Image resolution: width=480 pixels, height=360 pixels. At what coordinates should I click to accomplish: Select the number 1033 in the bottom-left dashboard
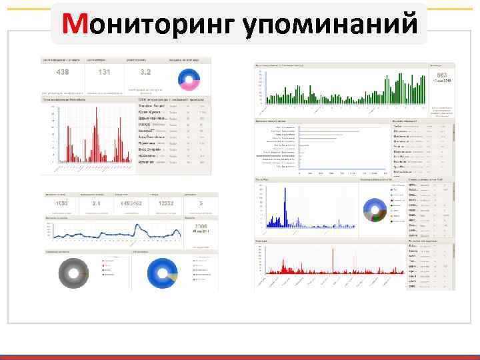[62, 203]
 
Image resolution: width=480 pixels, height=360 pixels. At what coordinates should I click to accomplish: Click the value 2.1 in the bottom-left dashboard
[96, 203]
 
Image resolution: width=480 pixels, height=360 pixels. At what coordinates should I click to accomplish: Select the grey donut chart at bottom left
[69, 271]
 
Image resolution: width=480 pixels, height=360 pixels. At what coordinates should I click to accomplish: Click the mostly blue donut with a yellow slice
[163, 271]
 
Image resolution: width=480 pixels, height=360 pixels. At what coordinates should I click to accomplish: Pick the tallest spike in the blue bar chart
[286, 203]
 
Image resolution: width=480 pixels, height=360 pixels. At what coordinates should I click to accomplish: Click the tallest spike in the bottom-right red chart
[333, 260]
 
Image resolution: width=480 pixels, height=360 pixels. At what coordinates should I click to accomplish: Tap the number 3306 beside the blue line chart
[200, 227]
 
